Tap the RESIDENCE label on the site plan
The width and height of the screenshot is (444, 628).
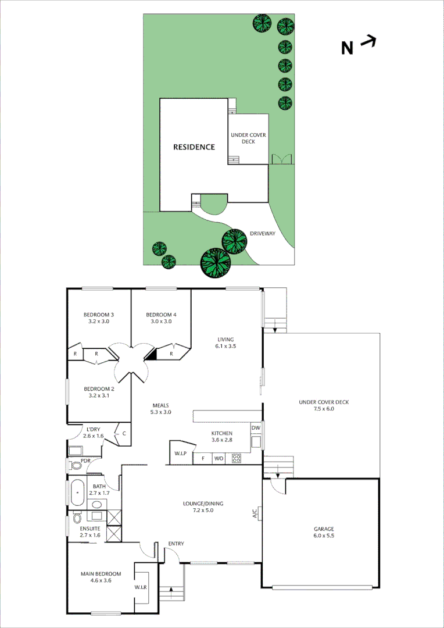click(194, 147)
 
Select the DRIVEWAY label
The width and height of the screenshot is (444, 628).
click(263, 234)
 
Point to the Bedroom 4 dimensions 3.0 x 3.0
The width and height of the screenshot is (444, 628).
click(161, 321)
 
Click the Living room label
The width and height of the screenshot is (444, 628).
click(225, 340)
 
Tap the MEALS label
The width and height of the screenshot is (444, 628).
click(161, 405)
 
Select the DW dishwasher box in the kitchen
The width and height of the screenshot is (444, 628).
click(256, 429)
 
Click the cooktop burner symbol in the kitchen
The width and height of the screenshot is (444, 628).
click(237, 458)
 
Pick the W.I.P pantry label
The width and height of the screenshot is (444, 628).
click(180, 454)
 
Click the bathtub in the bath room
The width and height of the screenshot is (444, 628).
click(77, 493)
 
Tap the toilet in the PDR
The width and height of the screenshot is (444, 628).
click(75, 465)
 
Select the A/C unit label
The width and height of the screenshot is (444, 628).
click(255, 513)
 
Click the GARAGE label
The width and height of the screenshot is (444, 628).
click(324, 529)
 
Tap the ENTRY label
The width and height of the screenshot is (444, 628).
click(176, 544)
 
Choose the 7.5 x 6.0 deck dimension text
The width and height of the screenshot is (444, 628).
click(324, 409)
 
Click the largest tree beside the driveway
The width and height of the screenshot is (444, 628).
click(214, 263)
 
